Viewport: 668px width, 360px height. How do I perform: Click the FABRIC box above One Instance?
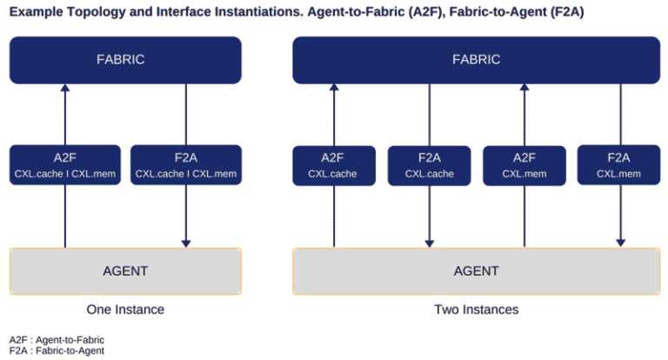tap(125, 60)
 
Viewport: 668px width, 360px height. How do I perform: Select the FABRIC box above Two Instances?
tap(477, 60)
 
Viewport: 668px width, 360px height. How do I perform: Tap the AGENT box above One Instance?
tap(125, 271)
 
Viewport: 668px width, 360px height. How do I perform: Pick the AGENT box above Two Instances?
tap(477, 271)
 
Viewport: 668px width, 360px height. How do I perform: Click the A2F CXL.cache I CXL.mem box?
tap(65, 165)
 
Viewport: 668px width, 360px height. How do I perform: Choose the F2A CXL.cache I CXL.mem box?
tap(186, 165)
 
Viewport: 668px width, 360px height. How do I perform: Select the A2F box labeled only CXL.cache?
tap(334, 166)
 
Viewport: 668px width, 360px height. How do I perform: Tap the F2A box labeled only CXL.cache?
tap(430, 166)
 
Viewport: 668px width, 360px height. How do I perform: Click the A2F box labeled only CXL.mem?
tap(524, 166)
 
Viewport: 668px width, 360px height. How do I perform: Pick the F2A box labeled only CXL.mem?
tap(618, 166)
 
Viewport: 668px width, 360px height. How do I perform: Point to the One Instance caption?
tap(125, 310)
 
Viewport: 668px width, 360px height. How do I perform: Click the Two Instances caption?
tap(477, 310)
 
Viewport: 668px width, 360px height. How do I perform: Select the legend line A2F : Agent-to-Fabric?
tap(57, 340)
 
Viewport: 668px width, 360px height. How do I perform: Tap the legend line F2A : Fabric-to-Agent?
tap(57, 350)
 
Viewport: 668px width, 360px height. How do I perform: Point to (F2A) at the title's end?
tap(567, 11)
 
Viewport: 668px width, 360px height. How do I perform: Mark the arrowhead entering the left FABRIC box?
tap(65, 88)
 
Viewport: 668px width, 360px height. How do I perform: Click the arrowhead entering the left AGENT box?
tap(186, 243)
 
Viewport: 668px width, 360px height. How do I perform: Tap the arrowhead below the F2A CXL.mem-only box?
tap(621, 243)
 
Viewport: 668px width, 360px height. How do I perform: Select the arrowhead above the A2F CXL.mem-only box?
tap(524, 87)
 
